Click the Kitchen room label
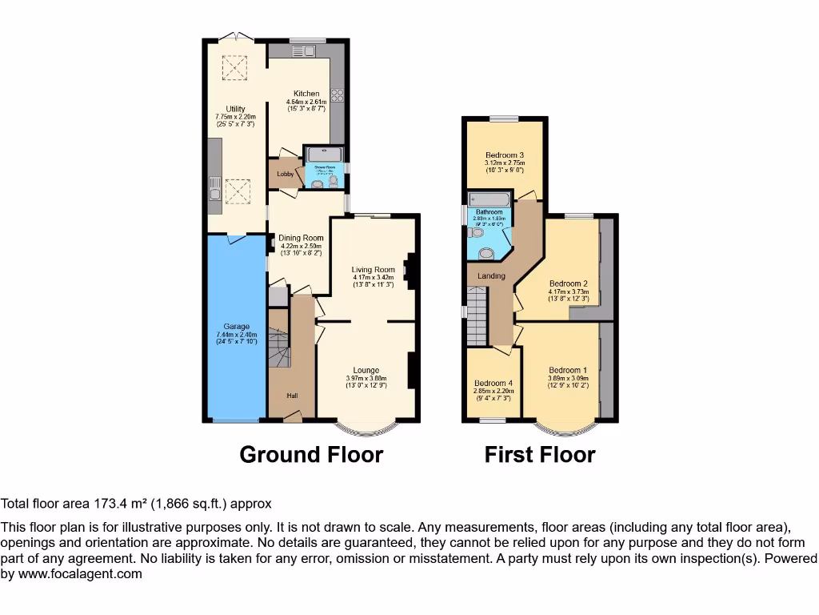click(x=306, y=94)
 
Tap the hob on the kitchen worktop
click(x=338, y=94)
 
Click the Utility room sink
click(x=214, y=193)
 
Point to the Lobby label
click(x=285, y=174)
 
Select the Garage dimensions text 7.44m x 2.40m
click(x=236, y=335)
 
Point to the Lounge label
click(x=366, y=370)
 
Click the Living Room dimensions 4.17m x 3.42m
click(x=374, y=278)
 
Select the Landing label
click(x=491, y=276)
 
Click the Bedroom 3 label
click(x=505, y=155)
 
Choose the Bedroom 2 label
click(x=569, y=283)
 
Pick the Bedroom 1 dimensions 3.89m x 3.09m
click(x=568, y=379)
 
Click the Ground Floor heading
click(x=311, y=455)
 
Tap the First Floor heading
click(x=540, y=455)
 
